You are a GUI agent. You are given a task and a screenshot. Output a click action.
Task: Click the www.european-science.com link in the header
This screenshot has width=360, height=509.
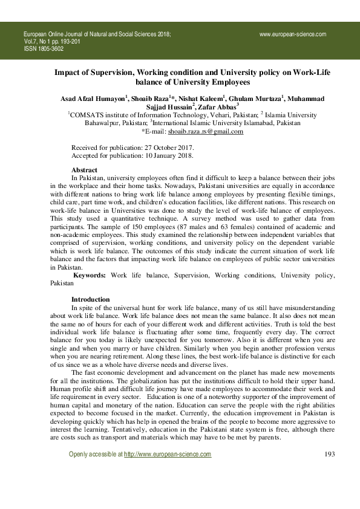click(293, 34)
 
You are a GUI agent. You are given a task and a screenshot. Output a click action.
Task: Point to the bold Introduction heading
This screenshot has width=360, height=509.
click(90, 299)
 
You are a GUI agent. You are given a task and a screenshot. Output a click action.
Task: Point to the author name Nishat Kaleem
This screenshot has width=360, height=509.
click(202, 99)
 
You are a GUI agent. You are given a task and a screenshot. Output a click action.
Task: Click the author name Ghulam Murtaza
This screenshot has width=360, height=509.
click(258, 99)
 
